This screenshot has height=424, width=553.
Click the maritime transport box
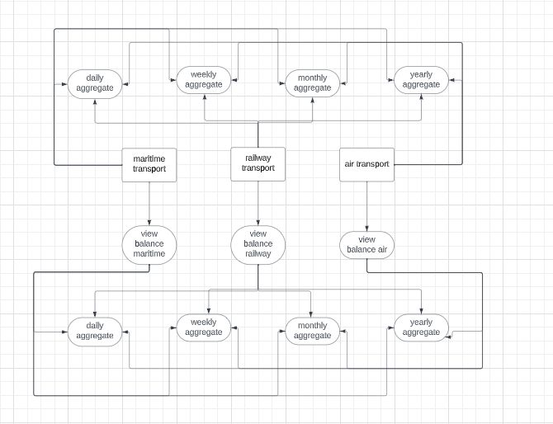[x=149, y=164]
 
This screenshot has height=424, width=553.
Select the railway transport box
[x=258, y=163]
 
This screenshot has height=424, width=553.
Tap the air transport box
[x=366, y=164]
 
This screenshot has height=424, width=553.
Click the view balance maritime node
[x=149, y=244]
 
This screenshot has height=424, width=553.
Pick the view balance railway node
[x=258, y=244]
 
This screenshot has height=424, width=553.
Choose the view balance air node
[x=366, y=244]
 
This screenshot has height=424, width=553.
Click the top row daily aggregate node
[x=95, y=82]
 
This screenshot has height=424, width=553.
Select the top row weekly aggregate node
[x=204, y=80]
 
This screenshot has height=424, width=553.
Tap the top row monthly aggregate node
[x=313, y=82]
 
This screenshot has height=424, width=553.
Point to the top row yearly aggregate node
[x=420, y=80]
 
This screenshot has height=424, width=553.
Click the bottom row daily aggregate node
[x=95, y=331]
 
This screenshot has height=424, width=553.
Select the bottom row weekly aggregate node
[x=204, y=327]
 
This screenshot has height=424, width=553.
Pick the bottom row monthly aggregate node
[x=313, y=331]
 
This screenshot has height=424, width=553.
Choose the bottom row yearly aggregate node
[x=420, y=327]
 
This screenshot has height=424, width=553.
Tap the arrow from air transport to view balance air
[x=366, y=206]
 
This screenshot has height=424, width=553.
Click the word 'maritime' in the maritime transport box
[x=149, y=158]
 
